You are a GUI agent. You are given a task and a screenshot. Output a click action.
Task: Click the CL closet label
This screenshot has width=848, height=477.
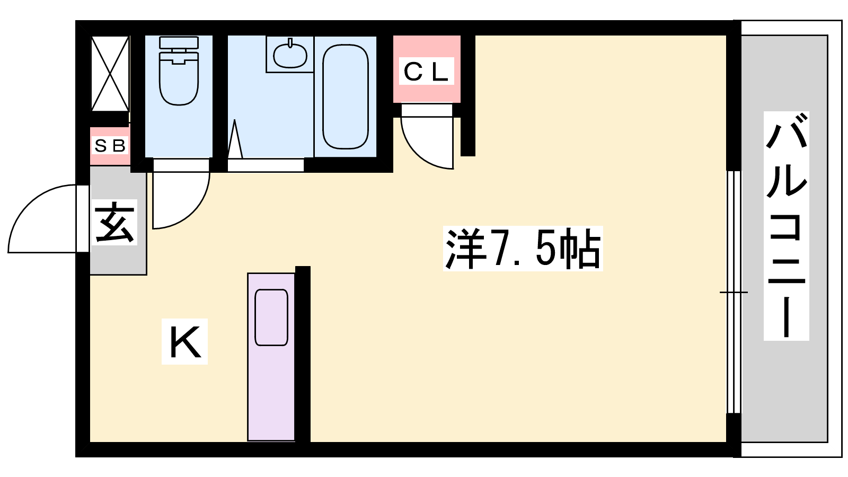click(426, 71)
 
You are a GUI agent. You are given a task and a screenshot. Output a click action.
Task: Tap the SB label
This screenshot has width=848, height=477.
click(110, 145)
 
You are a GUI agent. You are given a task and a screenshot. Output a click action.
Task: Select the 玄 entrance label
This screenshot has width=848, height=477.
click(114, 223)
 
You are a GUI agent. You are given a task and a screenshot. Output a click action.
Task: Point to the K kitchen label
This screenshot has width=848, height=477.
click(185, 341)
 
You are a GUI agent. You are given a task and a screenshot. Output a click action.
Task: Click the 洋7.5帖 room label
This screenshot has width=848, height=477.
click(523, 249)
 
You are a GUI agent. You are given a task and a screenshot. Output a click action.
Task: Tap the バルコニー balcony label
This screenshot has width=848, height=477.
click(787, 226)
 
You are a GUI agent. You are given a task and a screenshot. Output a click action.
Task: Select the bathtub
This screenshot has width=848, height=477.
click(345, 97)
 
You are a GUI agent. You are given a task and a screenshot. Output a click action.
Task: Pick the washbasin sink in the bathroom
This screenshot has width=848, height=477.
click(290, 55)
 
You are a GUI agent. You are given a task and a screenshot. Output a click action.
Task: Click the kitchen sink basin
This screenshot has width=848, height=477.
click(271, 317)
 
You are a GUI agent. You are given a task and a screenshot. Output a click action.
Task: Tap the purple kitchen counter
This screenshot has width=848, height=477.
click(271, 357)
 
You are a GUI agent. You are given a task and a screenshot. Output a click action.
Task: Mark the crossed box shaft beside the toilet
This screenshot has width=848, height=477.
click(110, 74)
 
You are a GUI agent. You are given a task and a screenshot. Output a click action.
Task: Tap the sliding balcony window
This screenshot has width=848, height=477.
click(734, 292)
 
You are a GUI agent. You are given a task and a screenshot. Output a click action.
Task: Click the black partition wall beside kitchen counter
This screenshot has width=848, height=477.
click(303, 354)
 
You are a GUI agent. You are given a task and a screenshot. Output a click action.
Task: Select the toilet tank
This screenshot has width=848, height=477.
click(179, 42)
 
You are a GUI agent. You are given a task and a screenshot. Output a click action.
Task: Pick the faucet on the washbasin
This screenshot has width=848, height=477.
click(290, 42)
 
